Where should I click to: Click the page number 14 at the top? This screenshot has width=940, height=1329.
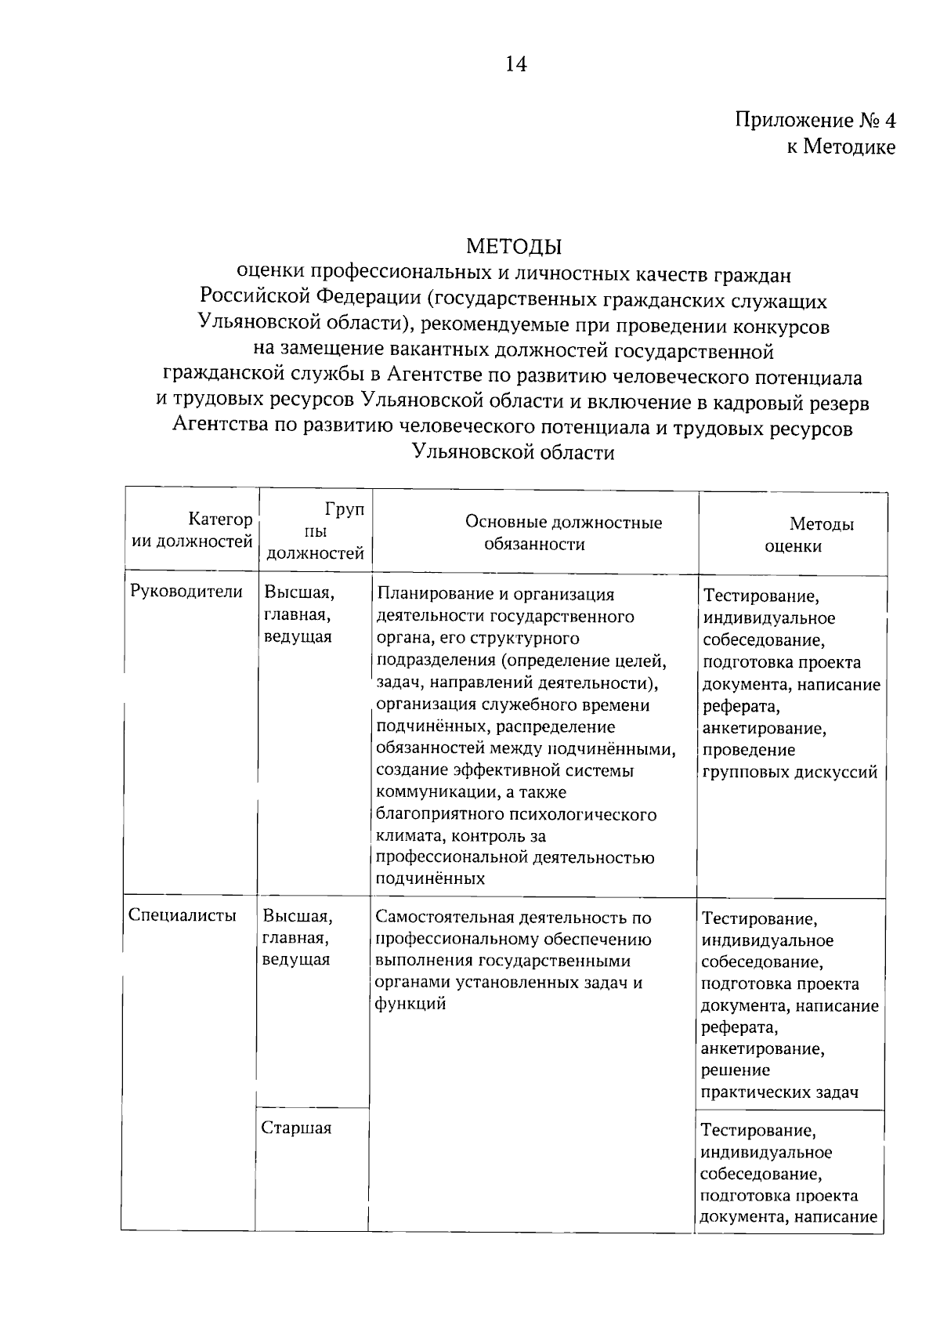(x=515, y=64)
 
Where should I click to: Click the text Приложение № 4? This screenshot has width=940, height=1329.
(x=814, y=121)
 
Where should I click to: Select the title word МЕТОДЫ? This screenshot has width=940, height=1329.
(x=515, y=247)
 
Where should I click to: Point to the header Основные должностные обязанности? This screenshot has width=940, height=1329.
(x=563, y=534)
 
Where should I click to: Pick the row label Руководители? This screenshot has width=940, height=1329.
(x=186, y=592)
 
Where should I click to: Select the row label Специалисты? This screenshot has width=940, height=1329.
(x=182, y=915)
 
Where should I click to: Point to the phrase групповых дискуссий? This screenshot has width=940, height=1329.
(x=789, y=772)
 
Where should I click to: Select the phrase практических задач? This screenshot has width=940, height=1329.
(x=779, y=1092)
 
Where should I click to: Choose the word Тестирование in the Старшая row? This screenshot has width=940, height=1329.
(x=758, y=1131)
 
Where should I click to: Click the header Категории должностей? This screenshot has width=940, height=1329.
(x=192, y=530)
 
